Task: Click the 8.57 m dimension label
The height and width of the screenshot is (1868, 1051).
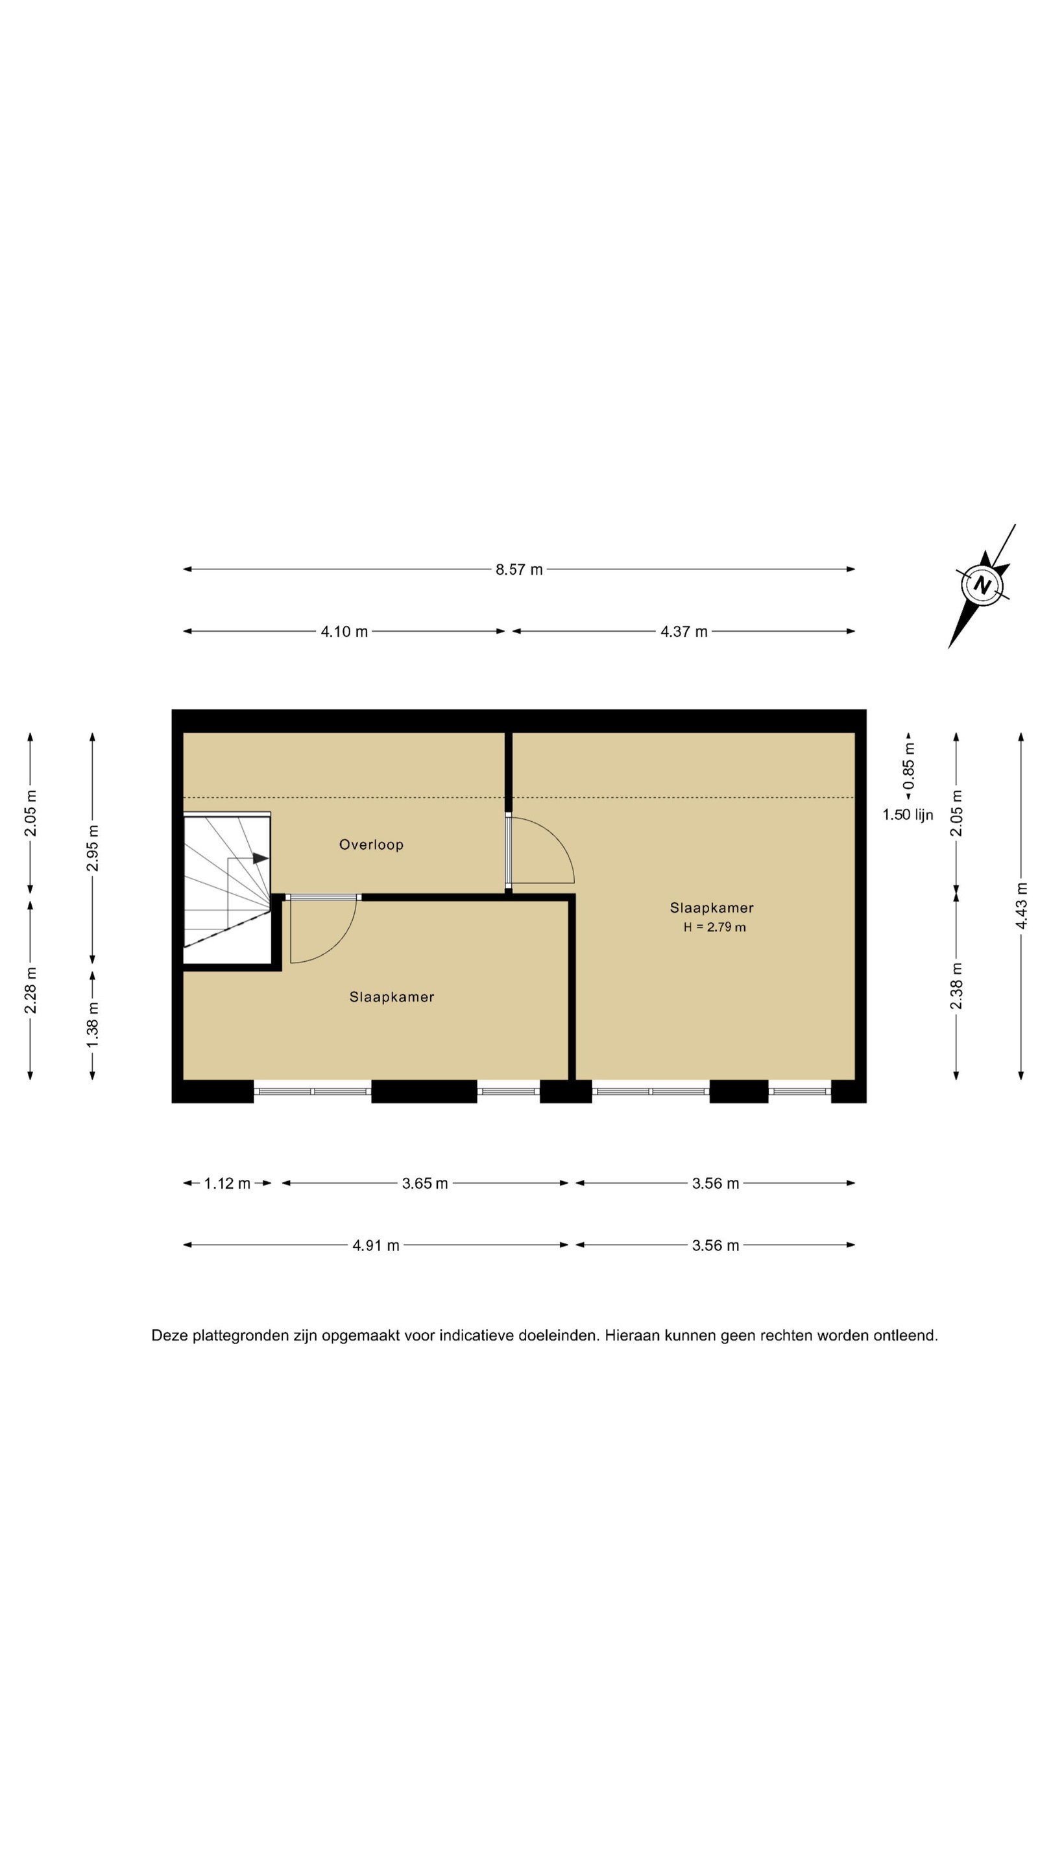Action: click(518, 570)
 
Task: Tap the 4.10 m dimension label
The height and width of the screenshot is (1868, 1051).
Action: click(344, 632)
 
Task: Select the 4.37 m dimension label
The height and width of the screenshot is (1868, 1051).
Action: click(683, 632)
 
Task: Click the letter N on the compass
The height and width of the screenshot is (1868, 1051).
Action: click(982, 584)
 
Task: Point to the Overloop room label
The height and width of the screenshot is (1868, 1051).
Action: click(371, 844)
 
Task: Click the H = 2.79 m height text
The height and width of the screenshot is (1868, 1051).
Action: click(714, 927)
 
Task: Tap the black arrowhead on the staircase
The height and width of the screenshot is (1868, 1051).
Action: click(260, 858)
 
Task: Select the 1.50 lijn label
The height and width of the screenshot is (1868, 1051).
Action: click(908, 815)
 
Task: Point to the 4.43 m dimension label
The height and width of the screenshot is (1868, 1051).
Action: click(1021, 905)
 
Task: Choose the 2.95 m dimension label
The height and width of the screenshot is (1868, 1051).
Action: click(92, 848)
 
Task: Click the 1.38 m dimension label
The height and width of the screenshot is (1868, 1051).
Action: click(92, 1024)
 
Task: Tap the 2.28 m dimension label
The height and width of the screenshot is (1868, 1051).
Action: click(30, 990)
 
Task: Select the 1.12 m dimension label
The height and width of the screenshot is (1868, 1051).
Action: click(227, 1184)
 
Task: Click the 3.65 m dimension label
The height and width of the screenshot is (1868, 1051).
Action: click(425, 1184)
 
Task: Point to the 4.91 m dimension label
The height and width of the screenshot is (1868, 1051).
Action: click(376, 1245)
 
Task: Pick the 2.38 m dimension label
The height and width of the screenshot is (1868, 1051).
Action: click(956, 985)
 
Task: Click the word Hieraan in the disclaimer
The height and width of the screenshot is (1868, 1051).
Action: click(632, 1335)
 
